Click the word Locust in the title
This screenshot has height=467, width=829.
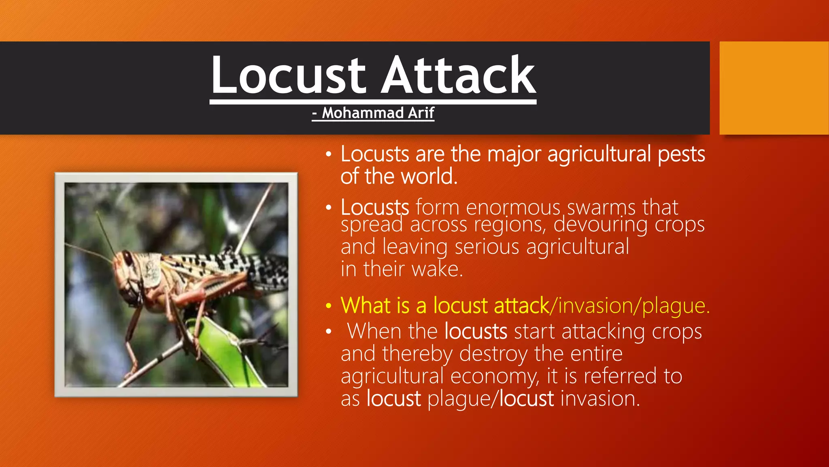[288, 75]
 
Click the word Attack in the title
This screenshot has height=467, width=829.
[458, 75]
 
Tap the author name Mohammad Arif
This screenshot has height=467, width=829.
[378, 113]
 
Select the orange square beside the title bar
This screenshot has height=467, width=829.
[774, 88]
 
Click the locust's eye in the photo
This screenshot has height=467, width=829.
[127, 258]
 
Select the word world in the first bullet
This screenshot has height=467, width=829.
[429, 177]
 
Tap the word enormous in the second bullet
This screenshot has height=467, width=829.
[512, 208]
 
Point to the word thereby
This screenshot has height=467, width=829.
[417, 354]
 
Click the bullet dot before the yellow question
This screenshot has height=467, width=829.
[329, 306]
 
